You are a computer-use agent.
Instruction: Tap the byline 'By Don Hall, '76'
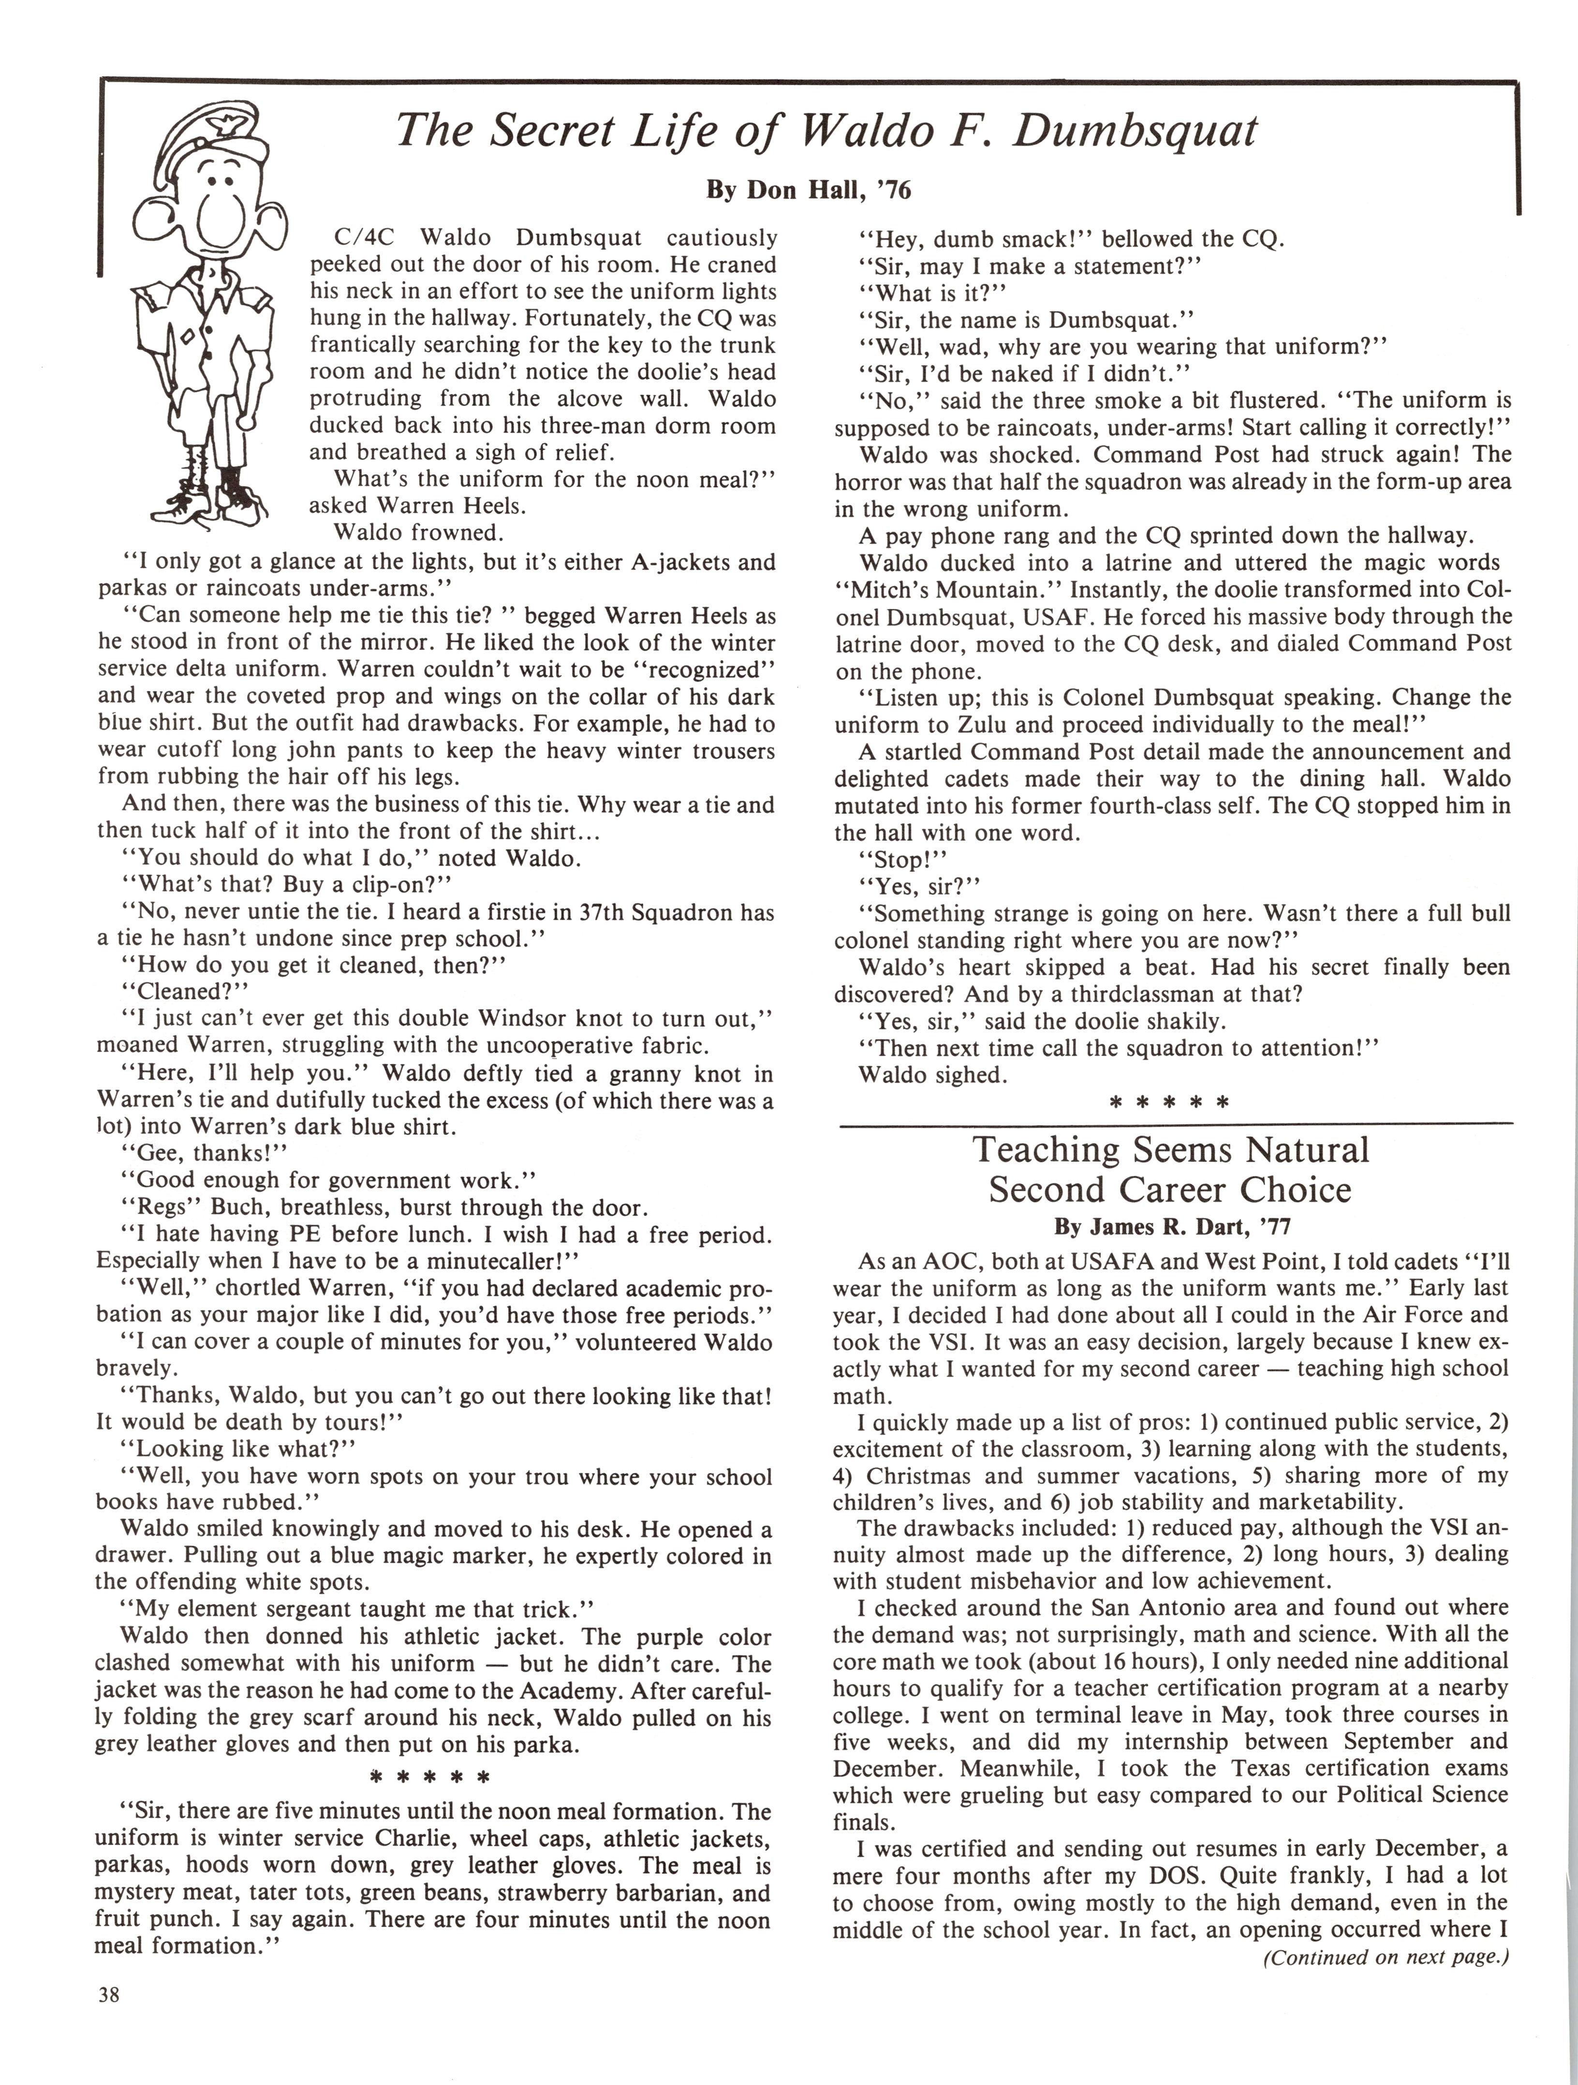tap(809, 191)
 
